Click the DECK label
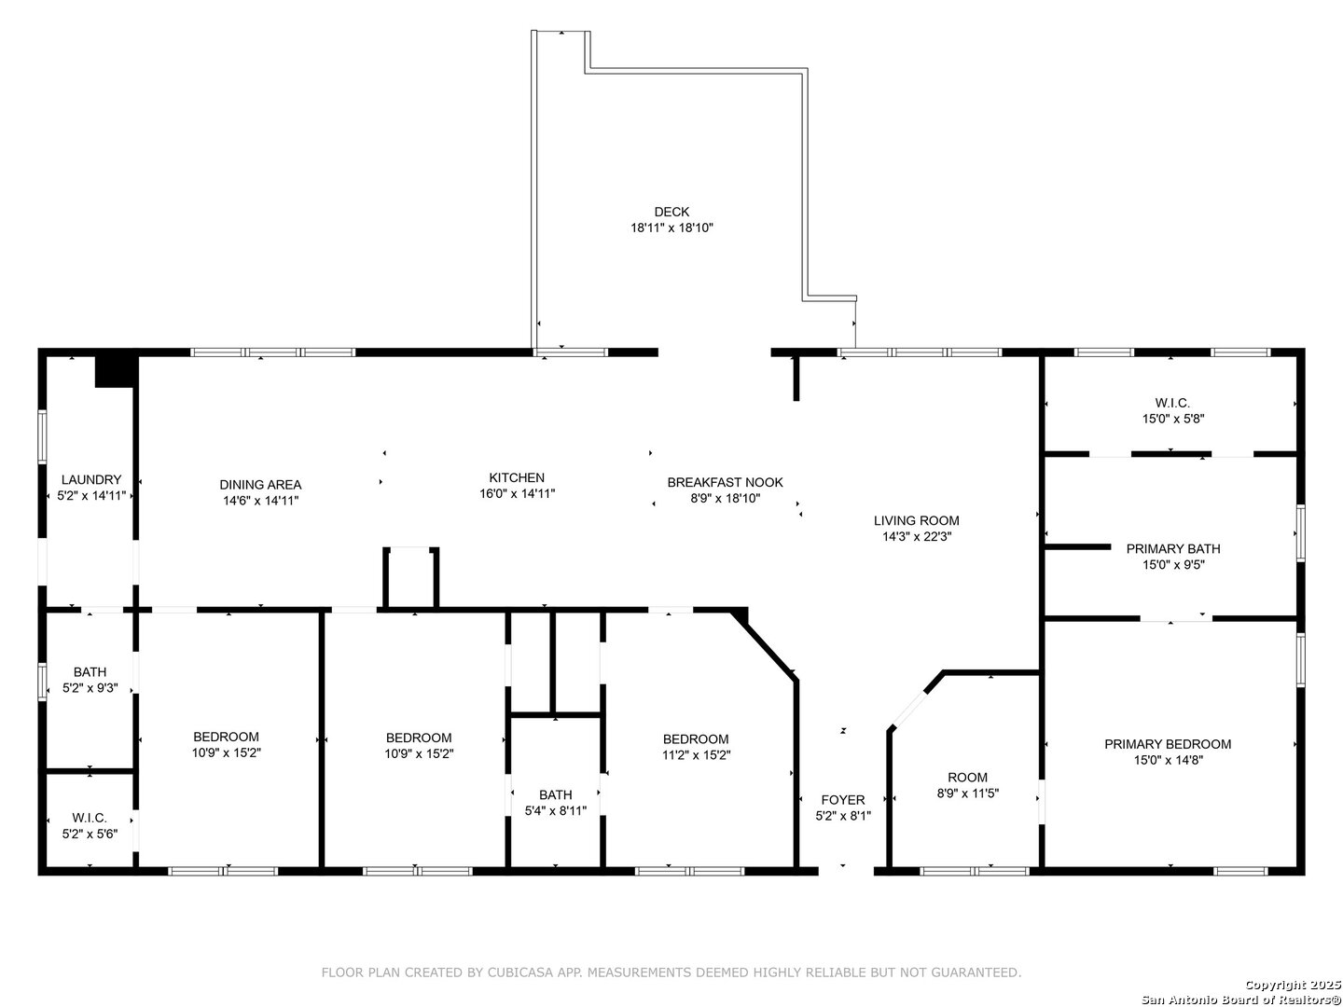pyautogui.click(x=671, y=212)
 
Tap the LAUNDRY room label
pyautogui.click(x=91, y=479)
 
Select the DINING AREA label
pyautogui.click(x=260, y=485)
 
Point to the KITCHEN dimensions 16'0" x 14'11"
pyautogui.click(x=517, y=493)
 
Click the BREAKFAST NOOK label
pyautogui.click(x=725, y=482)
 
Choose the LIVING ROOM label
pyautogui.click(x=916, y=520)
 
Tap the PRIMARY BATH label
pyautogui.click(x=1173, y=548)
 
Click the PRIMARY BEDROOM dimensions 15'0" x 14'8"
pyautogui.click(x=1168, y=760)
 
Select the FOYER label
pyautogui.click(x=842, y=800)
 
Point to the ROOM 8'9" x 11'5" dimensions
pyautogui.click(x=967, y=793)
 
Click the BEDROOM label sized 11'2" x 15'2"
pyautogui.click(x=696, y=739)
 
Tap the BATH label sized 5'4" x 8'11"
pyautogui.click(x=556, y=794)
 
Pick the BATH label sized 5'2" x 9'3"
pyautogui.click(x=90, y=672)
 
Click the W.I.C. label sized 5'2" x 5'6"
pyautogui.click(x=90, y=818)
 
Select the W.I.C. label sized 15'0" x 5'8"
pyautogui.click(x=1172, y=403)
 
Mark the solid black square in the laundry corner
pyautogui.click(x=115, y=370)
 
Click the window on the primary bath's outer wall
pyautogui.click(x=1300, y=532)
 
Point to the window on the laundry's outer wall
pyautogui.click(x=42, y=436)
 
